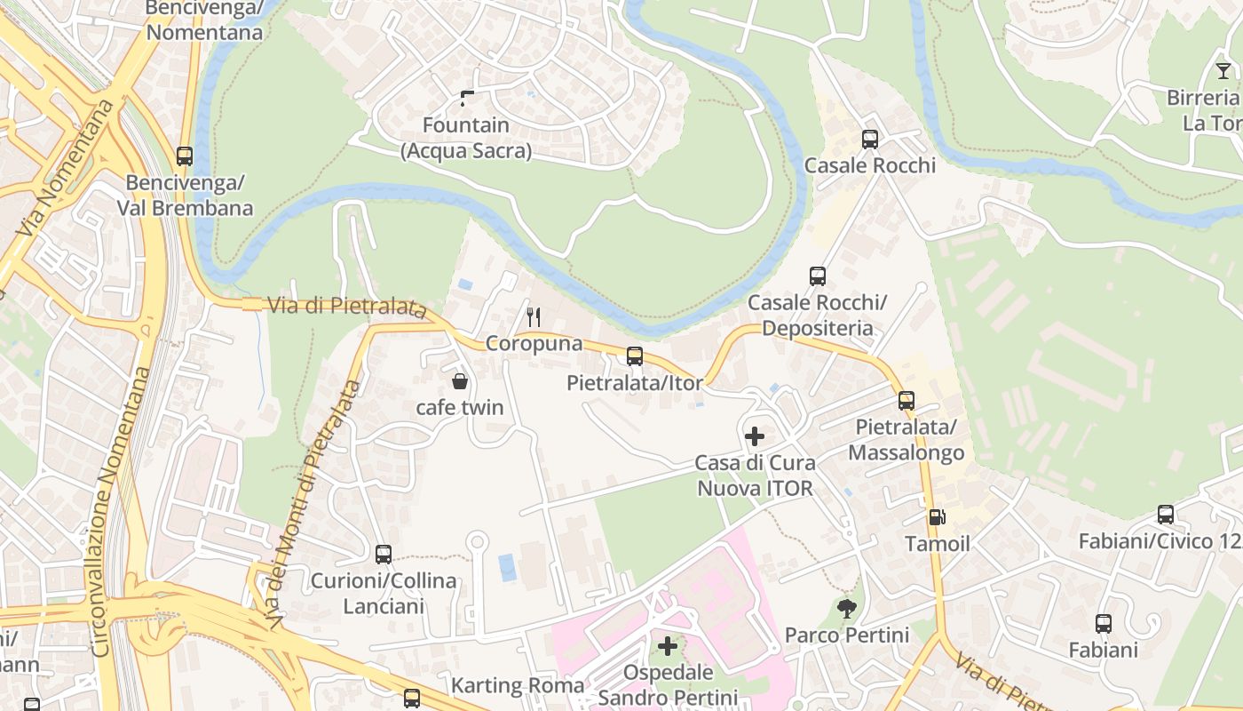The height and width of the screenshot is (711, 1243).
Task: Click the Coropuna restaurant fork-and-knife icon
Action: point(534,316)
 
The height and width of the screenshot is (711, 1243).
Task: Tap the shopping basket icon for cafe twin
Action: point(460,382)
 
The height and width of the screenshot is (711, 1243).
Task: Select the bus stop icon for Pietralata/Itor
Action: point(635,356)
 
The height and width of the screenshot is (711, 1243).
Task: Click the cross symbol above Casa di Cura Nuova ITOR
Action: point(755,436)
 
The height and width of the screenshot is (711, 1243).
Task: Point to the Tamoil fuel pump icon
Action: point(936,517)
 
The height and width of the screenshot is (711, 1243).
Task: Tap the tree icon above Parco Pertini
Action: point(847,609)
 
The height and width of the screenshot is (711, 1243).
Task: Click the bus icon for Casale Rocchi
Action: point(870,140)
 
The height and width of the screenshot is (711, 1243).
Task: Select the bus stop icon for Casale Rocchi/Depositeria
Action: point(818,276)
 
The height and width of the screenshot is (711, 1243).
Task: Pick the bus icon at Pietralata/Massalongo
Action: point(907,401)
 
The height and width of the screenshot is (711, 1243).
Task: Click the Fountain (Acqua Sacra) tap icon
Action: point(467,99)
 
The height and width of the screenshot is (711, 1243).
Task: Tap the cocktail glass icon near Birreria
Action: point(1223,71)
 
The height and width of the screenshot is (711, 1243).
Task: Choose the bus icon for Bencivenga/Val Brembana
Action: point(185,156)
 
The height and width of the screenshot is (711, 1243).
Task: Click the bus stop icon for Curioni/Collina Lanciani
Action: point(384,555)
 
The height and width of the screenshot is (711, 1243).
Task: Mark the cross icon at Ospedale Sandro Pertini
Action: point(668,646)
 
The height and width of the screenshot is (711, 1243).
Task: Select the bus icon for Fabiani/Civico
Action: point(1166,515)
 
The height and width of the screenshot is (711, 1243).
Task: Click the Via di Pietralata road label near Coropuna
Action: point(342,307)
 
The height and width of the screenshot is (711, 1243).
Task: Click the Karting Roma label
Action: point(518,685)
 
